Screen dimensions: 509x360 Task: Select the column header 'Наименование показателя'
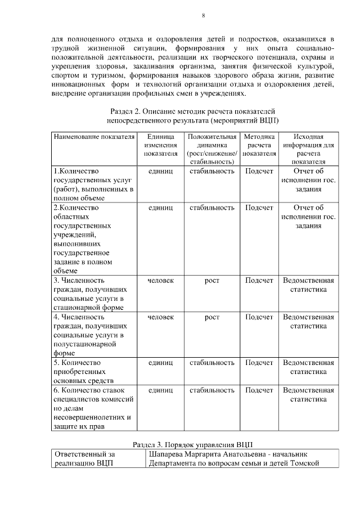[x=94, y=137]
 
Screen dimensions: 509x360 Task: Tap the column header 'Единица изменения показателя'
[x=160, y=145]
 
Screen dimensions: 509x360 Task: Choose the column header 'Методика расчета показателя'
[x=259, y=145]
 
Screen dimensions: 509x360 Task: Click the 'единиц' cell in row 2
[x=160, y=208]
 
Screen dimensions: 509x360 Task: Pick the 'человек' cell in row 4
[x=160, y=317]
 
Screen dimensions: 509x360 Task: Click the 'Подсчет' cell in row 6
[x=259, y=390]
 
